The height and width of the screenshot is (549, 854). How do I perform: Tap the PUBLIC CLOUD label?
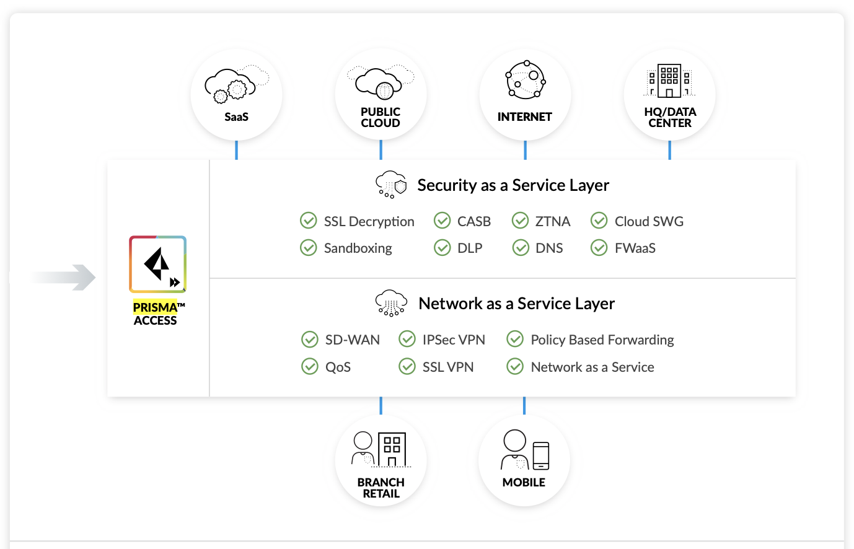(x=381, y=117)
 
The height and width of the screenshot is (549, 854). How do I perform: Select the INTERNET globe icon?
(x=526, y=80)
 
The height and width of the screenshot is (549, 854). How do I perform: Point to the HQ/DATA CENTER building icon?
(x=669, y=81)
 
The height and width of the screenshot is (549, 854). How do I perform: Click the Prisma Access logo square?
(x=157, y=264)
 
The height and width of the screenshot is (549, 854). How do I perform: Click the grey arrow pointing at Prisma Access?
(x=65, y=277)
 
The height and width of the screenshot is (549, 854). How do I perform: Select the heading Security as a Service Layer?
(x=513, y=185)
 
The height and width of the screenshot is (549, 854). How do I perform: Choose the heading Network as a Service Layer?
(x=516, y=304)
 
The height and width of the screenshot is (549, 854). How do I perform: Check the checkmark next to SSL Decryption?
(x=309, y=221)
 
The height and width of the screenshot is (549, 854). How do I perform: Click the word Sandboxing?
(x=358, y=248)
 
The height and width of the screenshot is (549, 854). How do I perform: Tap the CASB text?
(x=473, y=221)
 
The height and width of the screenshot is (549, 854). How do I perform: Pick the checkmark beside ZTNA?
(x=521, y=221)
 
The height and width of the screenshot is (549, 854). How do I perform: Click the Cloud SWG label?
(x=649, y=221)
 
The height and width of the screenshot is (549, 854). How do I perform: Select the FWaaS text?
(x=635, y=248)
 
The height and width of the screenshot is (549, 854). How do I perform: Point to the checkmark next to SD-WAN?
(x=310, y=340)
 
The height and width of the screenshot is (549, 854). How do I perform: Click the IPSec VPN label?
(x=454, y=340)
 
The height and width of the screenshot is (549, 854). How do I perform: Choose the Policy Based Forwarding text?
(x=602, y=340)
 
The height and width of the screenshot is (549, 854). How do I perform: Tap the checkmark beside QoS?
(x=310, y=367)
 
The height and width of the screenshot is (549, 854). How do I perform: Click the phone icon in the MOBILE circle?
(x=541, y=455)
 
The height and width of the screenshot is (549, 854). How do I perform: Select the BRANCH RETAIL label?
(x=381, y=488)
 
